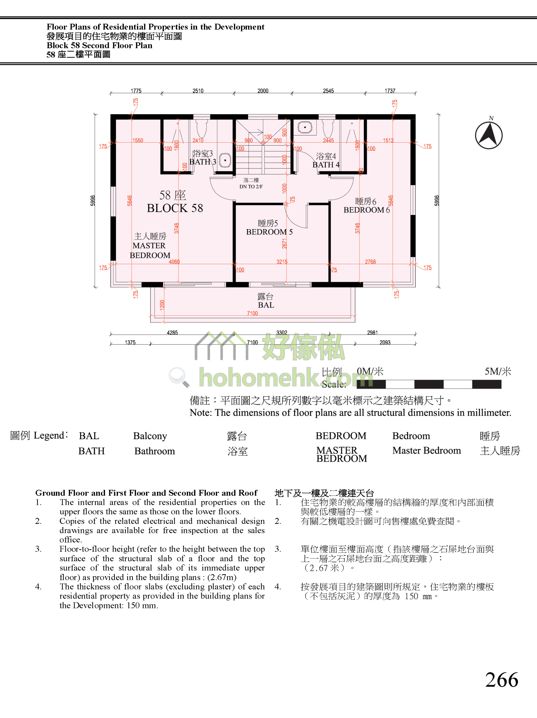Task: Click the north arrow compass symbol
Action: (x=489, y=135)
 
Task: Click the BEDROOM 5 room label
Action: (x=269, y=232)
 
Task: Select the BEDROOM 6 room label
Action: (x=367, y=210)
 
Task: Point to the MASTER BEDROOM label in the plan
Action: (x=150, y=250)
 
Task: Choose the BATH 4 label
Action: (x=326, y=165)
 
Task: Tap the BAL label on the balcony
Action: (x=266, y=305)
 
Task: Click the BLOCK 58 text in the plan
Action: (x=175, y=208)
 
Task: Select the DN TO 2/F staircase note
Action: (x=251, y=187)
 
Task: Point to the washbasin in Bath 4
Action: (x=305, y=127)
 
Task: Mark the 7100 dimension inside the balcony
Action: (x=252, y=313)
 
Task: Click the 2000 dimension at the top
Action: (x=263, y=91)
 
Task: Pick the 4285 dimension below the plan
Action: (x=172, y=333)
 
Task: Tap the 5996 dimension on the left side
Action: (x=93, y=201)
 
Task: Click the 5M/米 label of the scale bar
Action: (x=498, y=371)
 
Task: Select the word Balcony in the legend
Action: (x=150, y=436)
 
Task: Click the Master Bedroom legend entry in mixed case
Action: (x=426, y=450)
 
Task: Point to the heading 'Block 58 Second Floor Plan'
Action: (x=99, y=45)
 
